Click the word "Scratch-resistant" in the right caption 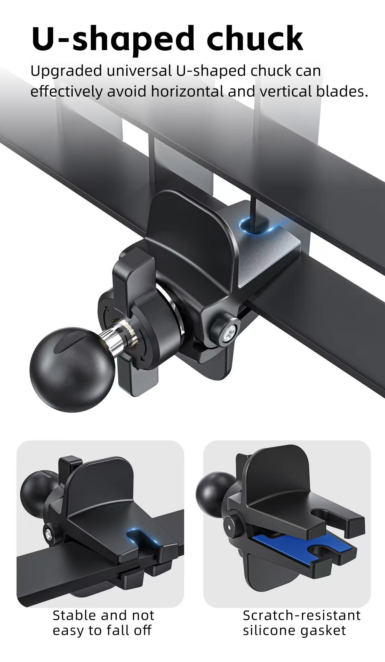302,615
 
